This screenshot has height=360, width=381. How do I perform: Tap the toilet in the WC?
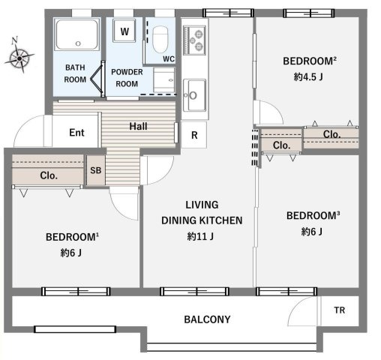160,40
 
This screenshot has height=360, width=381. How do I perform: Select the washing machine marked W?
124,31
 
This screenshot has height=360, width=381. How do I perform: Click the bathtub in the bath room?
76,34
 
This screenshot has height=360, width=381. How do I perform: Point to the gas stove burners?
194,40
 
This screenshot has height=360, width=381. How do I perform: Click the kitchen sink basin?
195,95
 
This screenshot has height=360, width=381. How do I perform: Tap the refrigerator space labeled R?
194,135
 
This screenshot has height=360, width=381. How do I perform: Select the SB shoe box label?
96,170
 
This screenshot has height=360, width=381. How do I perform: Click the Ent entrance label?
76,133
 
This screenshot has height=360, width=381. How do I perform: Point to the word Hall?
138,126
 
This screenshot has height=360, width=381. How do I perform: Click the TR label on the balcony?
339,310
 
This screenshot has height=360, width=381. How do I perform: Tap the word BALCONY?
207,319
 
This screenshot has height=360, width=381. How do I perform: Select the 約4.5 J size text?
308,76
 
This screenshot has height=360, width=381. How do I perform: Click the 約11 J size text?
200,236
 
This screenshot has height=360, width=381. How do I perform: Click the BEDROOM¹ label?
72,237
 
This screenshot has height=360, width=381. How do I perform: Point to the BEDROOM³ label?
313,215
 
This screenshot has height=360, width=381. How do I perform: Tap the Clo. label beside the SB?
49,175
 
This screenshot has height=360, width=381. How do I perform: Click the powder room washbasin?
164,80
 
